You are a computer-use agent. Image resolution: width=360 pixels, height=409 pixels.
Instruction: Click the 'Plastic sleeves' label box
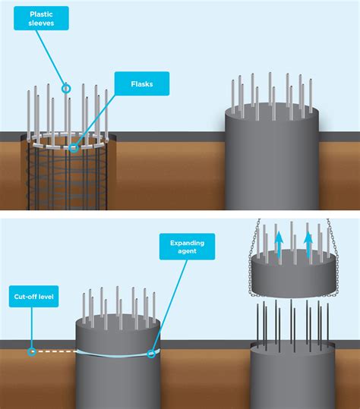[41, 18]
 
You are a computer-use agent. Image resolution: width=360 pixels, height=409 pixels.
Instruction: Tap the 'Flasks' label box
[142, 83]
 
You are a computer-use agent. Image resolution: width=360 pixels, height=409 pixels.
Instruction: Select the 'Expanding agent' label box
[187, 247]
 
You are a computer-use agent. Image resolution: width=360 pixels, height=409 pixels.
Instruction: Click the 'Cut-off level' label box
[33, 296]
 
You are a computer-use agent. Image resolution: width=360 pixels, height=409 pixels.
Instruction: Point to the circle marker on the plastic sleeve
[66, 89]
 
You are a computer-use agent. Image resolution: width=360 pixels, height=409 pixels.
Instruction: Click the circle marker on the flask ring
[74, 148]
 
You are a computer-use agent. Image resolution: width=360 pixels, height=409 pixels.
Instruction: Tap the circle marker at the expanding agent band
[151, 354]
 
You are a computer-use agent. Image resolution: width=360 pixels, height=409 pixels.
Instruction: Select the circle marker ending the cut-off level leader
[32, 351]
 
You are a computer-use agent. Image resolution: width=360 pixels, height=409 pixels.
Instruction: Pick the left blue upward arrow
[279, 244]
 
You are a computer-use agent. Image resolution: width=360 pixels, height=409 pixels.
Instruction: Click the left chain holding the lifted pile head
[253, 257]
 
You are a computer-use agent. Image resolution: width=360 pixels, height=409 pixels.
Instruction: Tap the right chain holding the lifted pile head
[333, 257]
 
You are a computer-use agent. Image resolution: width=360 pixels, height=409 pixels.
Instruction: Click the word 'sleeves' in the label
[41, 23]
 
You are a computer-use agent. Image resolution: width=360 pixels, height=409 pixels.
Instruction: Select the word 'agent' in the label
[187, 251]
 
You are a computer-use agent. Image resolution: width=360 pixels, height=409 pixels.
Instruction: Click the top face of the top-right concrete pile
[272, 112]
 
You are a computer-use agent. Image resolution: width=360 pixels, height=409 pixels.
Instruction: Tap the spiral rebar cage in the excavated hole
[68, 175]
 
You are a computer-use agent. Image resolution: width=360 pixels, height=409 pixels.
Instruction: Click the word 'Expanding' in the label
[187, 243]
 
